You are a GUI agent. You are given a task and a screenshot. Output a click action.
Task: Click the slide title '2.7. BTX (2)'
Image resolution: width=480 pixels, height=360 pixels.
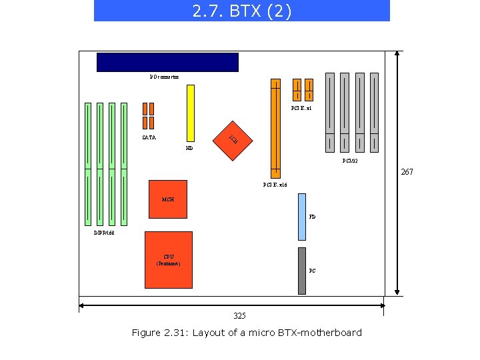pos(241,11)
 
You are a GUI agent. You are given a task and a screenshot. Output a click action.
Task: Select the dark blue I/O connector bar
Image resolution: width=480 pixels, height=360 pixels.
pos(167,62)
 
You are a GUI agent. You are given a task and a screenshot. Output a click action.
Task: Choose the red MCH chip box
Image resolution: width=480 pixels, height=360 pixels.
pos(168,199)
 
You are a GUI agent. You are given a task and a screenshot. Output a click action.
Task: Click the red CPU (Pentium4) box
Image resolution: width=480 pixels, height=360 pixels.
pos(168,259)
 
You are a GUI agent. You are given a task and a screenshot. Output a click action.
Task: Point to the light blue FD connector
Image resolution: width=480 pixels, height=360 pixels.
pos(302,217)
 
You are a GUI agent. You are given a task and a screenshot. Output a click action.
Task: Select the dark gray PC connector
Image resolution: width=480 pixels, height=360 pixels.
pos(302,271)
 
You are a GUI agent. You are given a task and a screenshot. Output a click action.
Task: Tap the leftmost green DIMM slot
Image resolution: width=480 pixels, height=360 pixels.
pos(88,163)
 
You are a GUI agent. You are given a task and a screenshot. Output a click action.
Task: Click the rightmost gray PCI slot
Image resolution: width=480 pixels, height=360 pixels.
pos(374,111)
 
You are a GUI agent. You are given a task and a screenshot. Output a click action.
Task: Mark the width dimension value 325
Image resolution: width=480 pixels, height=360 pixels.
pos(240,315)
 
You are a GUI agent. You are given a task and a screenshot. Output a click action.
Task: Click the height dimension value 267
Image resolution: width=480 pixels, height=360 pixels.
pos(407,172)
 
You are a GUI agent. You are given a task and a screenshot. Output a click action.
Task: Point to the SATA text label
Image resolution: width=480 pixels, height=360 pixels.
pos(149,137)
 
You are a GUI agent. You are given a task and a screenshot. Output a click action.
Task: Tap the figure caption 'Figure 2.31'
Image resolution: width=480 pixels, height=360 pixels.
pos(247,333)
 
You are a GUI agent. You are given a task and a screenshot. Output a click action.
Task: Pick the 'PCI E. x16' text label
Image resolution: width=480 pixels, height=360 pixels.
pos(275,185)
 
